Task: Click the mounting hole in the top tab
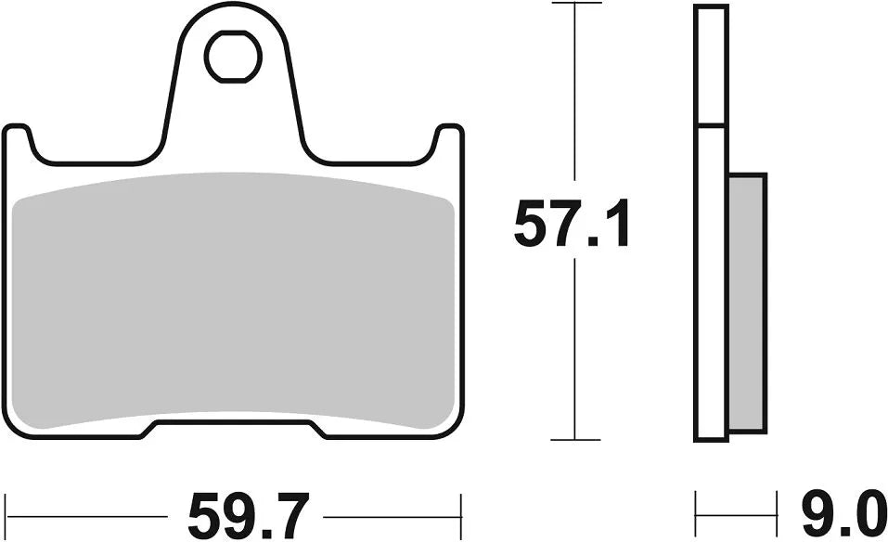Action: click(233, 57)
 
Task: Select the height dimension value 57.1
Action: click(572, 226)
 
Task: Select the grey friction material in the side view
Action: click(747, 302)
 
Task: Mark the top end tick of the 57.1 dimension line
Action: click(575, 4)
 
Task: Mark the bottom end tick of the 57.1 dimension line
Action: click(575, 439)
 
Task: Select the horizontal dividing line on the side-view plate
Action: click(710, 125)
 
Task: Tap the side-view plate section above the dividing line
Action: click(710, 65)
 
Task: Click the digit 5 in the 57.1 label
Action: click(532, 226)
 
